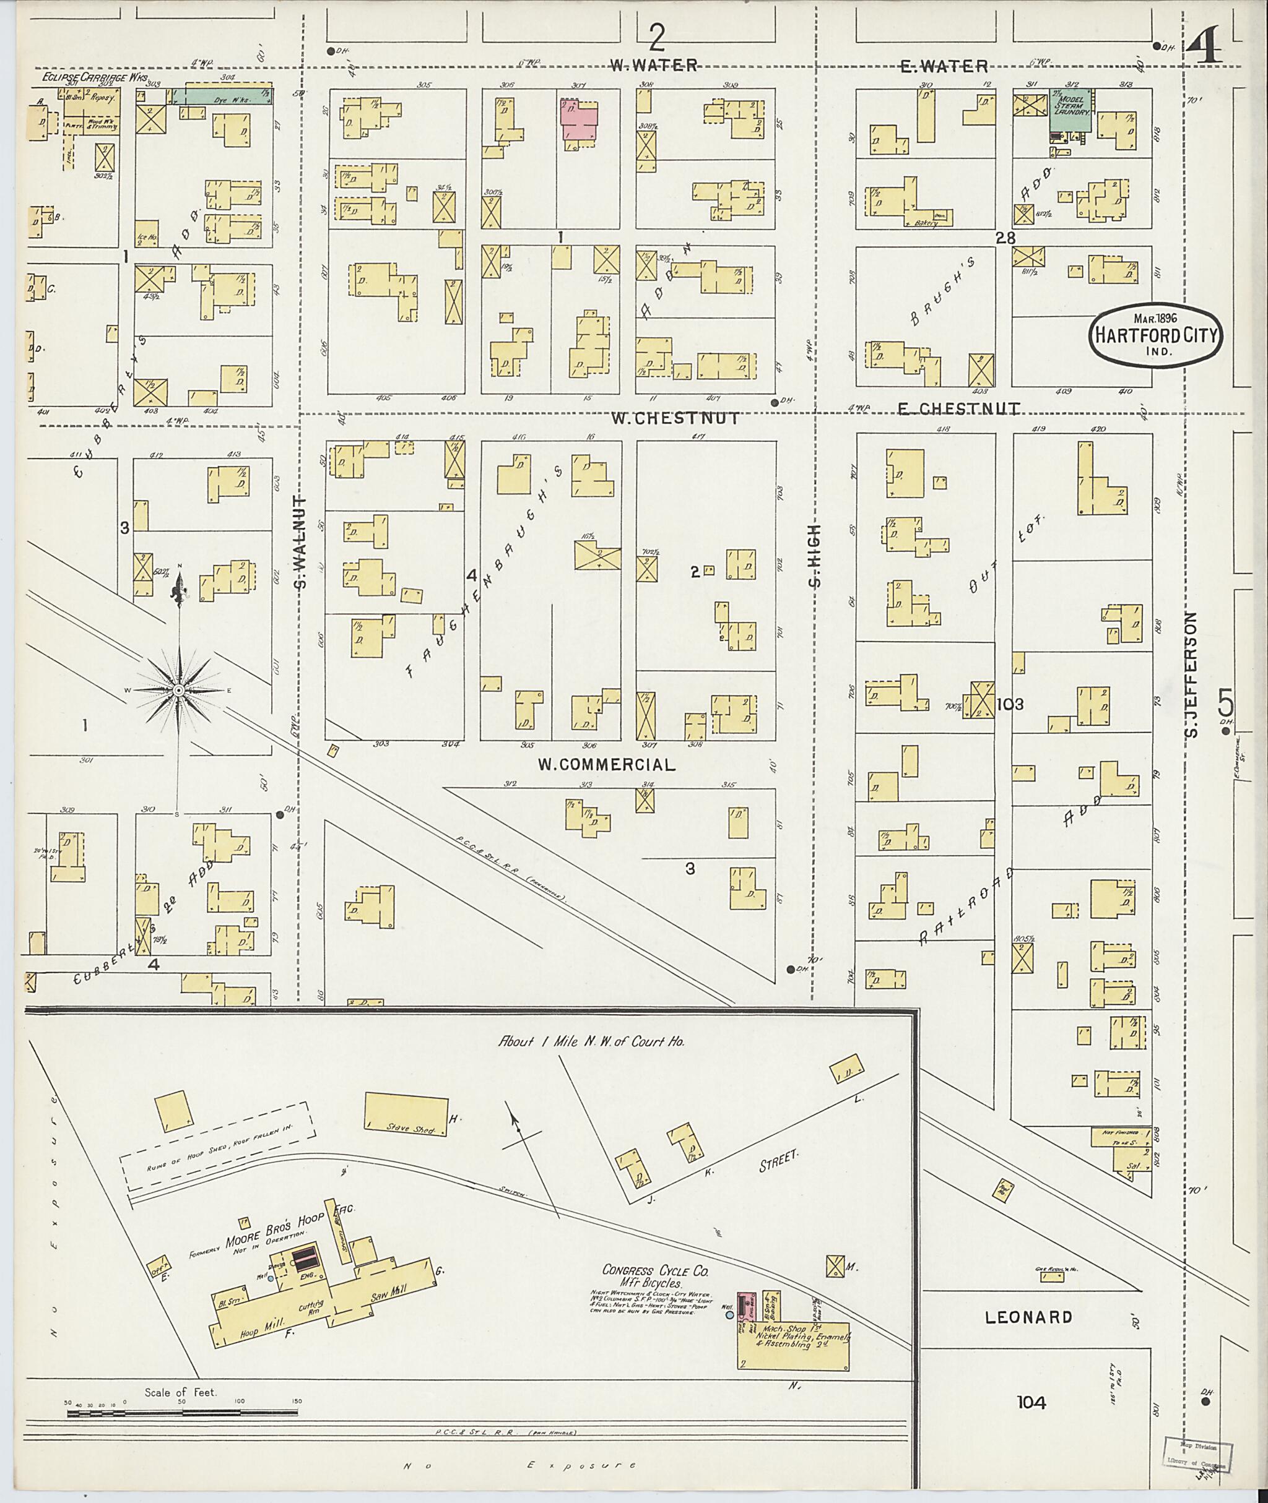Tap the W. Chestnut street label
pyautogui.click(x=674, y=418)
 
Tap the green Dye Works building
pyautogui.click(x=223, y=95)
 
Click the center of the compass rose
pyautogui.click(x=179, y=691)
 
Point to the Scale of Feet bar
pyautogui.click(x=183, y=1413)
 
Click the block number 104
pyautogui.click(x=1031, y=1402)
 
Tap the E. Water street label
pyautogui.click(x=944, y=66)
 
